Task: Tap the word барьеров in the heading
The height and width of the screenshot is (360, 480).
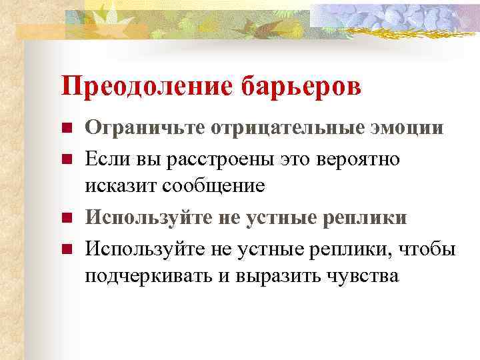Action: pyautogui.click(x=307, y=87)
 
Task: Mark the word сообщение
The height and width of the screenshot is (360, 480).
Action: pyautogui.click(x=217, y=186)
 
